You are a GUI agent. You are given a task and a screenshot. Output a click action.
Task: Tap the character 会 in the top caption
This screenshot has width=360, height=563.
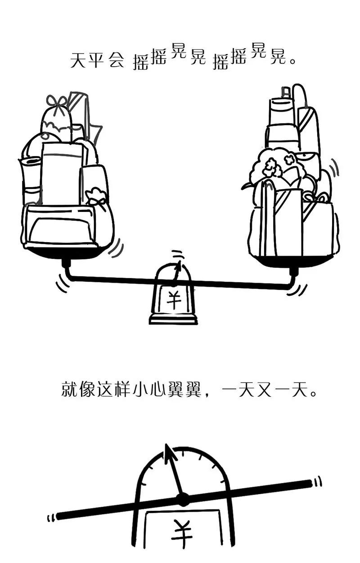116,60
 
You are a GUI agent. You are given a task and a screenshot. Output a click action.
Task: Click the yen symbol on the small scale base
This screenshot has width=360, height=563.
173,300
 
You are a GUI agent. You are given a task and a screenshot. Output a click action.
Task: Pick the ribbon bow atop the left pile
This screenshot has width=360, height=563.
58,101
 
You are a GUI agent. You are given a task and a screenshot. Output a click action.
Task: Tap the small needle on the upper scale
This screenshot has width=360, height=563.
177,272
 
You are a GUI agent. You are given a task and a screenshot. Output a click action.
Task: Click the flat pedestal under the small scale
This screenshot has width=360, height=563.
173,320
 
